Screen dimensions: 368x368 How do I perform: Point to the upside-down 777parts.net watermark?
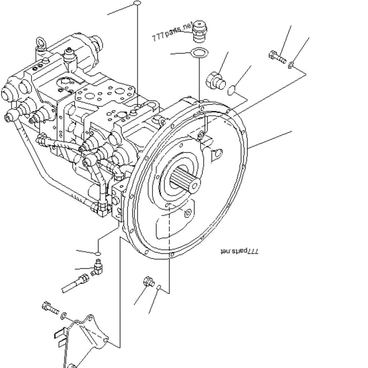239,251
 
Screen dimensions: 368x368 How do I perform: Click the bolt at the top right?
277,57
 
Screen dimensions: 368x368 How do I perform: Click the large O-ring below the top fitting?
199,53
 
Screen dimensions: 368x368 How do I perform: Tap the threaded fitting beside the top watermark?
199,31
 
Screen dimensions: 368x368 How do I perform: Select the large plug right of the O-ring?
215,81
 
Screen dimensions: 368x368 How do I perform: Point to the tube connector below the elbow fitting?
76,284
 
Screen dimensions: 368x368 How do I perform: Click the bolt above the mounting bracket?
50,308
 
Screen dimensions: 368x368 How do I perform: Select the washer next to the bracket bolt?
63,315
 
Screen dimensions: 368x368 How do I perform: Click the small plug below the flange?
149,281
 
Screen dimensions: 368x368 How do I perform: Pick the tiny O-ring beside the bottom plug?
159,287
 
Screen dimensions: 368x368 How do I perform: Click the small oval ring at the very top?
137,3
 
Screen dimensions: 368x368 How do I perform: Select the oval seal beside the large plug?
232,90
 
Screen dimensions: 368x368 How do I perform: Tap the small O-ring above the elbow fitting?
98,253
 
